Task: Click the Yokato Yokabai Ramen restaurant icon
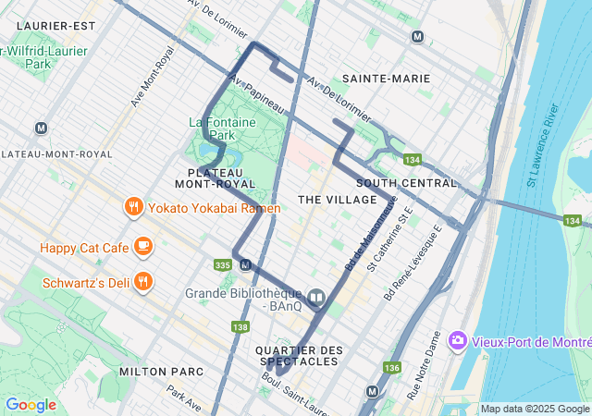point(134,207)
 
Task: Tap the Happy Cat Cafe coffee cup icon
point(142,246)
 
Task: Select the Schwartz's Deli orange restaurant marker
point(142,281)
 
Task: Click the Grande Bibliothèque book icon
point(316,297)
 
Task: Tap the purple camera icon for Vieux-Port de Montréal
point(457,341)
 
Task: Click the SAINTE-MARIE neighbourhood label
point(386,79)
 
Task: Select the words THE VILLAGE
point(338,200)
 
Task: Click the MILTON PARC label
point(154,371)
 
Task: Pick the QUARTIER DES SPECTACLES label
point(298,356)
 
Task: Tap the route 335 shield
point(223,264)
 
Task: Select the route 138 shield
point(240,327)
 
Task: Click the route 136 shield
point(391,367)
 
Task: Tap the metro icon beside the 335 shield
point(245,265)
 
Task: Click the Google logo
point(31,404)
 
